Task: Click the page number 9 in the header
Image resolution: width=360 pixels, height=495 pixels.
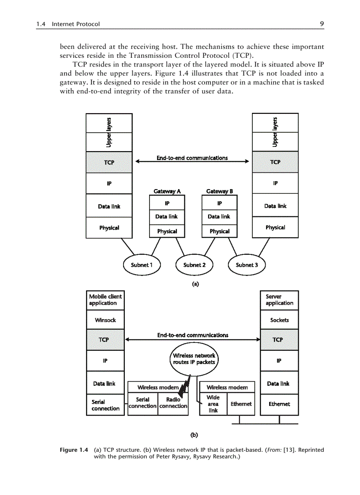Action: [322, 24]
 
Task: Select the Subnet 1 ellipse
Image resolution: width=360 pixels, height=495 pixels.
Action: [142, 265]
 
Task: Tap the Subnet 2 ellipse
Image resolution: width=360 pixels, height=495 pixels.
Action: [194, 265]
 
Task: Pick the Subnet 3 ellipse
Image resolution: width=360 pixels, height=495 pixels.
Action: [247, 265]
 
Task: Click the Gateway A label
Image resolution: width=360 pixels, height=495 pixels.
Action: [167, 191]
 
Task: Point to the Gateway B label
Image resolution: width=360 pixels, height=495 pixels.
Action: [219, 191]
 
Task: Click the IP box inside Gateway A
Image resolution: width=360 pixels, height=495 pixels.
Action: [167, 203]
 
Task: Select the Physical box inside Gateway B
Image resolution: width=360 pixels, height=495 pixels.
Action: [219, 231]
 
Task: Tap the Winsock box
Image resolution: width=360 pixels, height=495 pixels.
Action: [105, 320]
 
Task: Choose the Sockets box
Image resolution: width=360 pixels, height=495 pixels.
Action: [279, 320]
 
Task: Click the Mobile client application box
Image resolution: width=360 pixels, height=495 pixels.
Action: [105, 300]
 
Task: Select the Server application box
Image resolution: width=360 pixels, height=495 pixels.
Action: [279, 300]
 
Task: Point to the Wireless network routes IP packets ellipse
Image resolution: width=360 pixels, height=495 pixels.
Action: [194, 359]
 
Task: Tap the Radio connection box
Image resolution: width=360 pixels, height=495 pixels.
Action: [173, 403]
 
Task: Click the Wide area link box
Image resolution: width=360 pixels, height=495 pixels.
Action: [213, 404]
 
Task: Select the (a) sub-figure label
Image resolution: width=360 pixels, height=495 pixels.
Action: [195, 284]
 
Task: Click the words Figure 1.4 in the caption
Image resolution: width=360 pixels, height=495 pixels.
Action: [74, 450]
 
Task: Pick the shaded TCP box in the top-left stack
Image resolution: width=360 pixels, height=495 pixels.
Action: [109, 162]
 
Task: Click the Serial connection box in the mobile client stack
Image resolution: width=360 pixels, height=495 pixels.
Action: [105, 405]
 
